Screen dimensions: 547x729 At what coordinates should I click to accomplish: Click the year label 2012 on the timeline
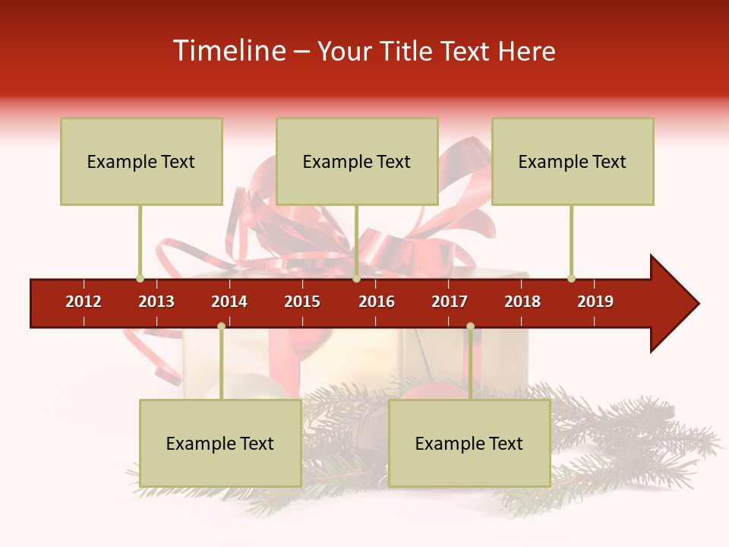(84, 302)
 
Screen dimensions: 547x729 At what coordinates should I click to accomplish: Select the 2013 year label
(156, 302)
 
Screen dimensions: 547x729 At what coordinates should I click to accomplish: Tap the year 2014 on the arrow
(229, 302)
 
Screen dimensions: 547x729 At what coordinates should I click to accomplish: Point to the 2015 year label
(302, 302)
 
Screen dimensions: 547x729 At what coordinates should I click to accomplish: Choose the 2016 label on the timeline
(377, 302)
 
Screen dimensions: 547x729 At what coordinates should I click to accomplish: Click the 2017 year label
(450, 302)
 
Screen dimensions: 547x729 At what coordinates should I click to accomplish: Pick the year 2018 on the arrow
(522, 302)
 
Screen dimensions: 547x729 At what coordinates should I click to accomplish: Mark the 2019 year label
(595, 302)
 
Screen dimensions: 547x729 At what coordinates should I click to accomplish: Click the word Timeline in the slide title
(227, 51)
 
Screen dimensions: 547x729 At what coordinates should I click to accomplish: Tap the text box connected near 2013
(141, 161)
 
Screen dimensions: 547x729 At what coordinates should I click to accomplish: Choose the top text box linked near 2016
(357, 161)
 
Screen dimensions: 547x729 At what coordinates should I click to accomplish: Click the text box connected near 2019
(573, 161)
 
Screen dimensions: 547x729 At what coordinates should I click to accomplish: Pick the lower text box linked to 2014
(220, 443)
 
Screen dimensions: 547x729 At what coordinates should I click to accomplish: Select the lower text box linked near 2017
(469, 443)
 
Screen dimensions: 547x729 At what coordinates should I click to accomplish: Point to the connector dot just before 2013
(140, 278)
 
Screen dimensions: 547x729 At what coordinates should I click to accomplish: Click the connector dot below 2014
(221, 326)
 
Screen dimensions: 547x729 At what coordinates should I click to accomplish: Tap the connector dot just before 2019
(571, 278)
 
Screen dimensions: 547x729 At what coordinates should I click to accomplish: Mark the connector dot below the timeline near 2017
(470, 326)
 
